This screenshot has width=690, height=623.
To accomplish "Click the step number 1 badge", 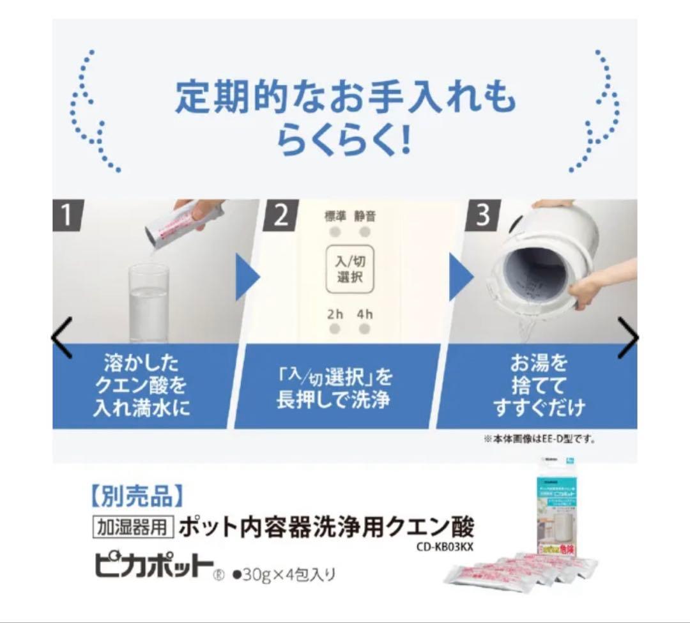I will (x=68, y=215).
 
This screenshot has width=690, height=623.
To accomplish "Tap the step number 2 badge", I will (x=280, y=215).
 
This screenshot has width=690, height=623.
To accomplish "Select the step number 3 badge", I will (x=482, y=215).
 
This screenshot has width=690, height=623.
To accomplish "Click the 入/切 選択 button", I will (x=349, y=270).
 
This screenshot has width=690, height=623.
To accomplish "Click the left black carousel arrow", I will (x=62, y=337).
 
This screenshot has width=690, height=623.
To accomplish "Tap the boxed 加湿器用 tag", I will (x=133, y=528).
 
